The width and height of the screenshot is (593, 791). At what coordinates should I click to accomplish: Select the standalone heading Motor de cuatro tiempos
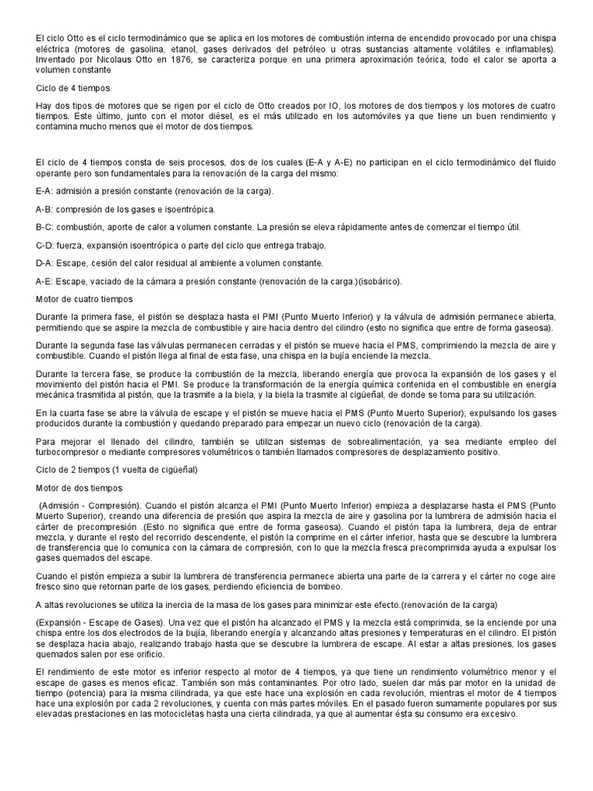pos(85,299)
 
